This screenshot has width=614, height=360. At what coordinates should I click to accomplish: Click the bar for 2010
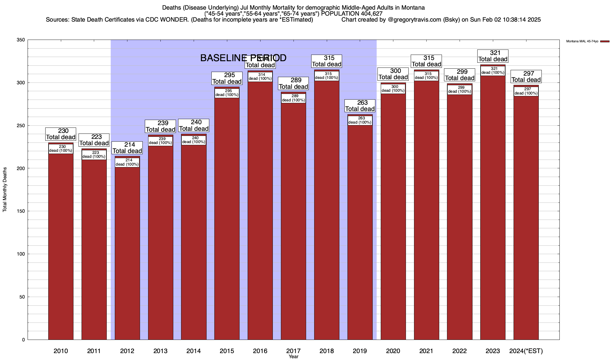[x=61, y=246]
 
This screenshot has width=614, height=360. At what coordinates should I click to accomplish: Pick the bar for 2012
[x=127, y=252]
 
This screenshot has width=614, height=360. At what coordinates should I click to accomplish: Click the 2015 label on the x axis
[x=227, y=351]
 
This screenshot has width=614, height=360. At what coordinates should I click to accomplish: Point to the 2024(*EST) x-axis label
[x=526, y=351]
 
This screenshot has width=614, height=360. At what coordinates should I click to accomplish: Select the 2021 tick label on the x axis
[x=426, y=351]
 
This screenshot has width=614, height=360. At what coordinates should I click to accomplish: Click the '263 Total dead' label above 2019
[x=360, y=106]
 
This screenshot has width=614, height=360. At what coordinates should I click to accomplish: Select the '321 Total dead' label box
[x=493, y=56]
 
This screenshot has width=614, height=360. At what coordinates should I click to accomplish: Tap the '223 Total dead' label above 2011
[x=94, y=140]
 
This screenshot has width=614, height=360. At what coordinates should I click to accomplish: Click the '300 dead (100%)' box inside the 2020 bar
[x=393, y=89]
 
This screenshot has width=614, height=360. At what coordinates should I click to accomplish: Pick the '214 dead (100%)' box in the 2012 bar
[x=127, y=162]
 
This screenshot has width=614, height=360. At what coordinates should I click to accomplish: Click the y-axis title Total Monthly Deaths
[x=5, y=190]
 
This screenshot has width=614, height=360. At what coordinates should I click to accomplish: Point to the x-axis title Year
[x=294, y=356]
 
